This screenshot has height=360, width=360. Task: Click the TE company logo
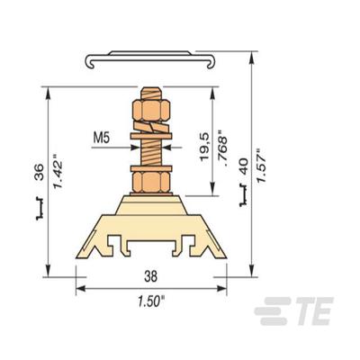[292, 314]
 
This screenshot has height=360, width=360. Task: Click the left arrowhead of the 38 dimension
[79, 290]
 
